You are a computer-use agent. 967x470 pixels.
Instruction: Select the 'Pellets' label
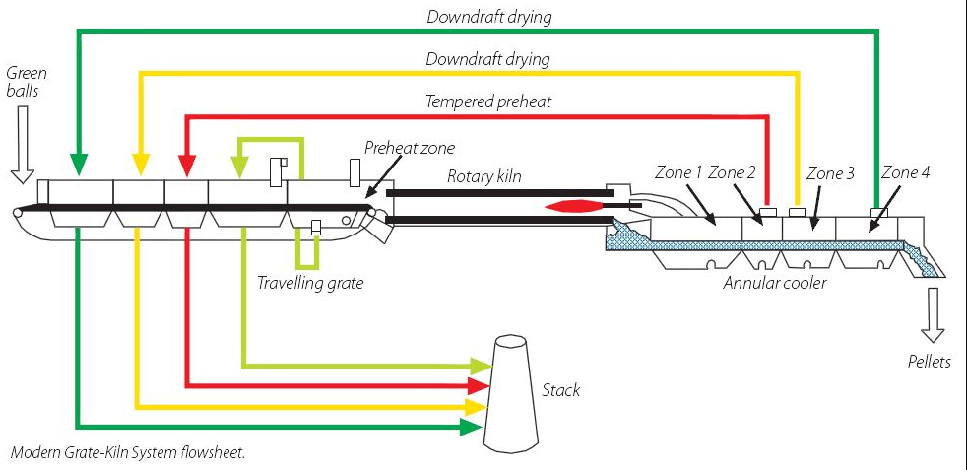click(929, 362)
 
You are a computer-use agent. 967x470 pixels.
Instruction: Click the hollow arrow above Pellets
click(929, 314)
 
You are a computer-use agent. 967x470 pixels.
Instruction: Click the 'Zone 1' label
click(679, 172)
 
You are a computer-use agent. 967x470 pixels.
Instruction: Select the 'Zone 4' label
click(905, 172)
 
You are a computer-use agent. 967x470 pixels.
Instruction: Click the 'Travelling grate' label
click(310, 283)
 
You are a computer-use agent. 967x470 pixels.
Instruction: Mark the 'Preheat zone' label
click(410, 148)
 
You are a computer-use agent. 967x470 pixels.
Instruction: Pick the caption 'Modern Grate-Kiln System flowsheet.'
click(127, 453)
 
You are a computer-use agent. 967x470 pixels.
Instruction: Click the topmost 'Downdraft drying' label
click(489, 17)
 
